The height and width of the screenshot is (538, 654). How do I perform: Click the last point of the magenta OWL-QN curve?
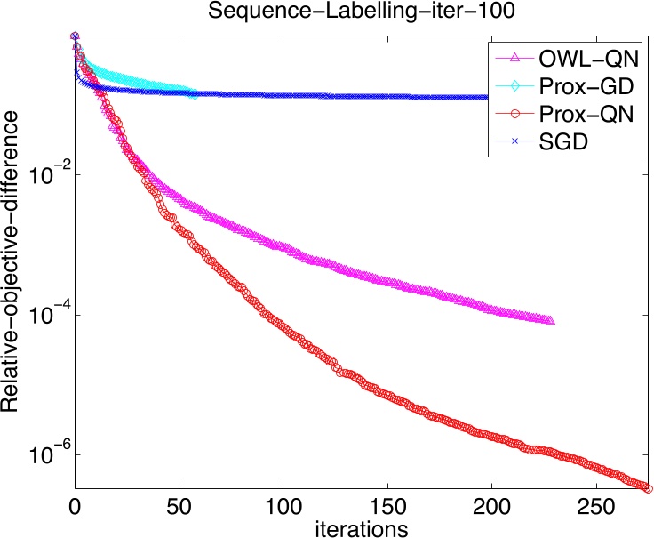tap(550, 320)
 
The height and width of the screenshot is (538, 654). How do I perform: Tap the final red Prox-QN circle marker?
tap(648, 488)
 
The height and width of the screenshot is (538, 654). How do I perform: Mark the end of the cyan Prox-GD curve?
tap(194, 93)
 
